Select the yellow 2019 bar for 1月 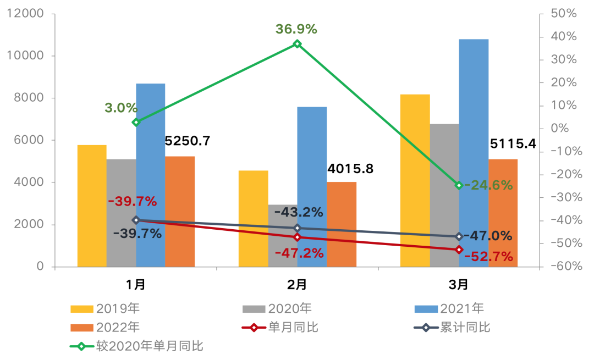click(x=92, y=206)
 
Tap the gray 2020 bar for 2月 click(x=283, y=236)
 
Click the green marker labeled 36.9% click(x=297, y=43)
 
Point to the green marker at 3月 click(x=459, y=185)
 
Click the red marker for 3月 click(x=459, y=250)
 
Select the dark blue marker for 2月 click(x=297, y=228)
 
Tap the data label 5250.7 click(x=187, y=141)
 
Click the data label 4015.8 click(x=350, y=169)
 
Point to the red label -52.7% click(x=488, y=256)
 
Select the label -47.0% click(x=488, y=236)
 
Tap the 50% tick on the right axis click(x=564, y=14)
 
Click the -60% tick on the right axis click(x=564, y=267)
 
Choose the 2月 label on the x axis click(x=297, y=285)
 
